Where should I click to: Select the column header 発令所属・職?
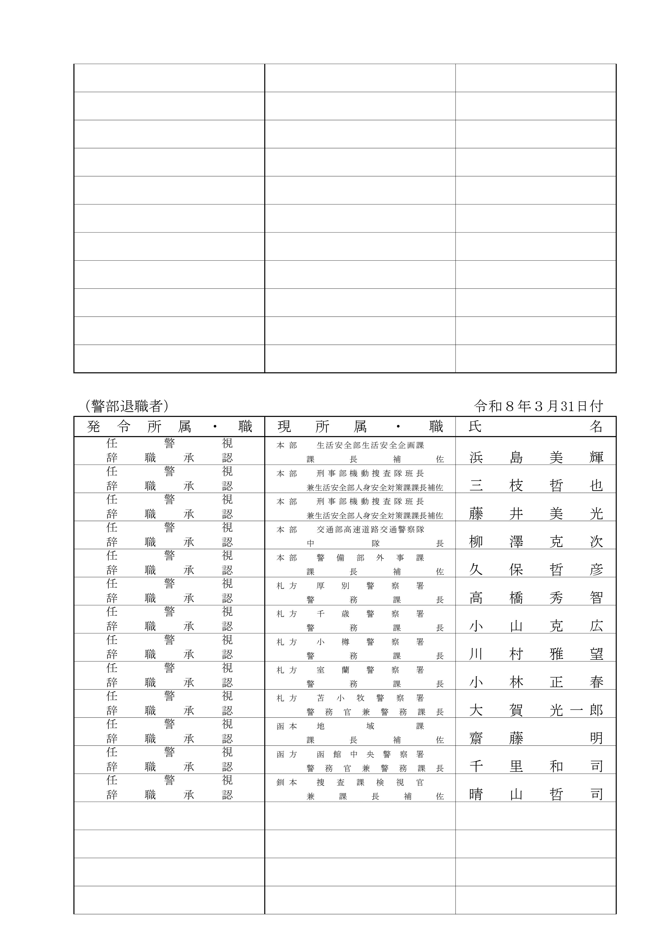[x=169, y=426]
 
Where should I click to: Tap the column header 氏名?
[x=536, y=426]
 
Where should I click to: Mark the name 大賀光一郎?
[x=536, y=710]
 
